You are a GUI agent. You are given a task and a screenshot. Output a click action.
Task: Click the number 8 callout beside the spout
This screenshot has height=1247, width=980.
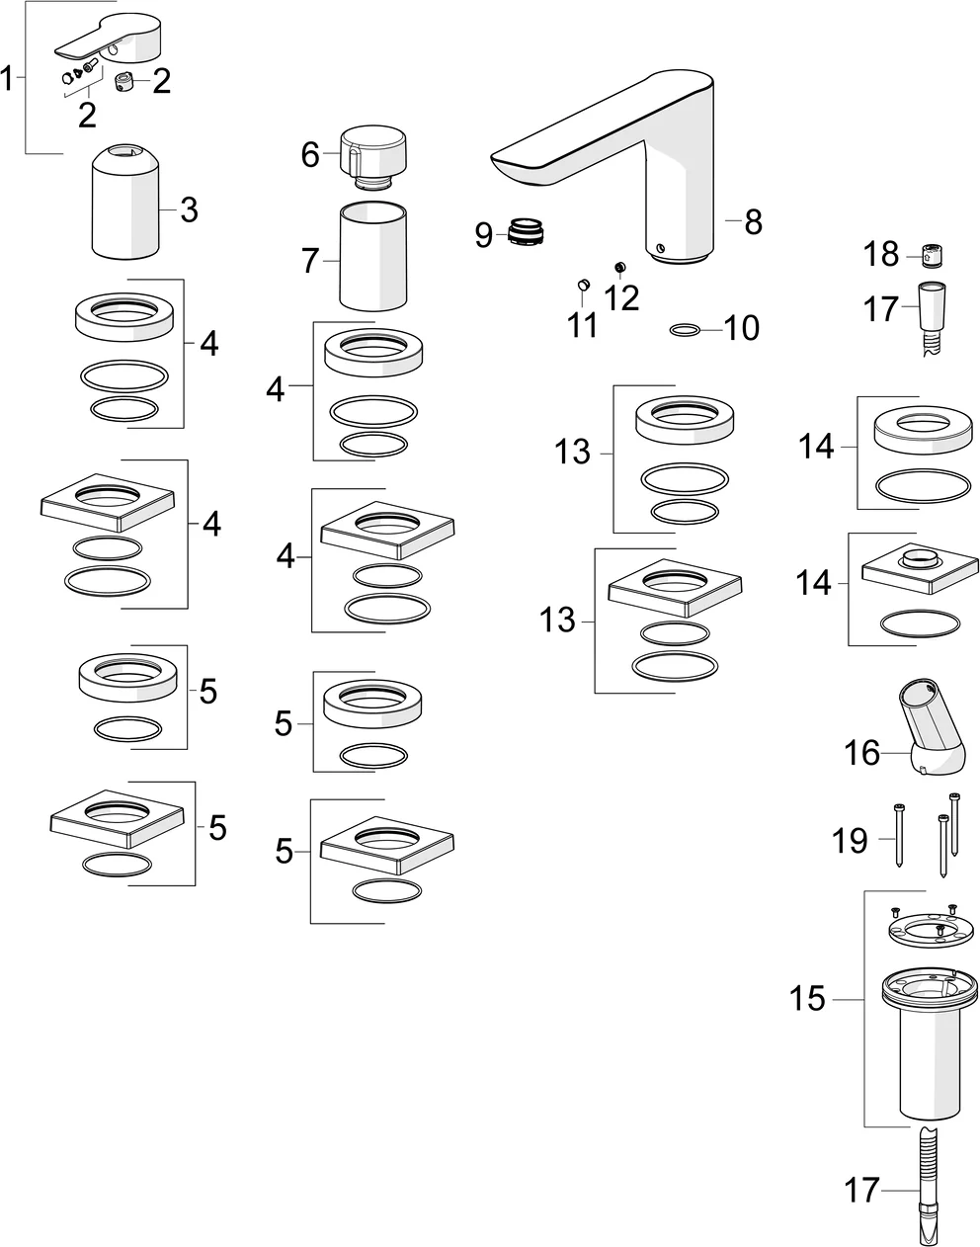pos(754,222)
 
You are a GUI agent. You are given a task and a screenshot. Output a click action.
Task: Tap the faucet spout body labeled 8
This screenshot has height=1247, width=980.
pos(672,168)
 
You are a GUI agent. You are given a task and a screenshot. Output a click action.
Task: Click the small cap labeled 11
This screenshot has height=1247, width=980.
pos(583,286)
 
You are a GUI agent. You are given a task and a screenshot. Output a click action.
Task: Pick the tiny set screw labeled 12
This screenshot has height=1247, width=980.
pos(620,267)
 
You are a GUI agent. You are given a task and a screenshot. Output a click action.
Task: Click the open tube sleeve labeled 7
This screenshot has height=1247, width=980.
pos(372,257)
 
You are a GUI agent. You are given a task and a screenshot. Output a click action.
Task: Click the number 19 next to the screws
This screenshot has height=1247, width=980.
pos(850,841)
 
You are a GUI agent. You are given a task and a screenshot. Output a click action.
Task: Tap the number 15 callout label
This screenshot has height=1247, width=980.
pos(807,999)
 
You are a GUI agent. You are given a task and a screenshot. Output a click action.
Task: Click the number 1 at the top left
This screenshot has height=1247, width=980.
pos(9,78)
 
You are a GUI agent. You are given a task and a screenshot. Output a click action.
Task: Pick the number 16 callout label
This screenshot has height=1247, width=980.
pos(861,753)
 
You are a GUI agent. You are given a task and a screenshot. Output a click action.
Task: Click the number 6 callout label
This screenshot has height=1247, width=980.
pos(310,155)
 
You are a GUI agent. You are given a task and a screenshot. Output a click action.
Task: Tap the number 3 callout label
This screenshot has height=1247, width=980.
pos(189,209)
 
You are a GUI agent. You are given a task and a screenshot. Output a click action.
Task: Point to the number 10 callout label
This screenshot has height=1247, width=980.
pos(741,328)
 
